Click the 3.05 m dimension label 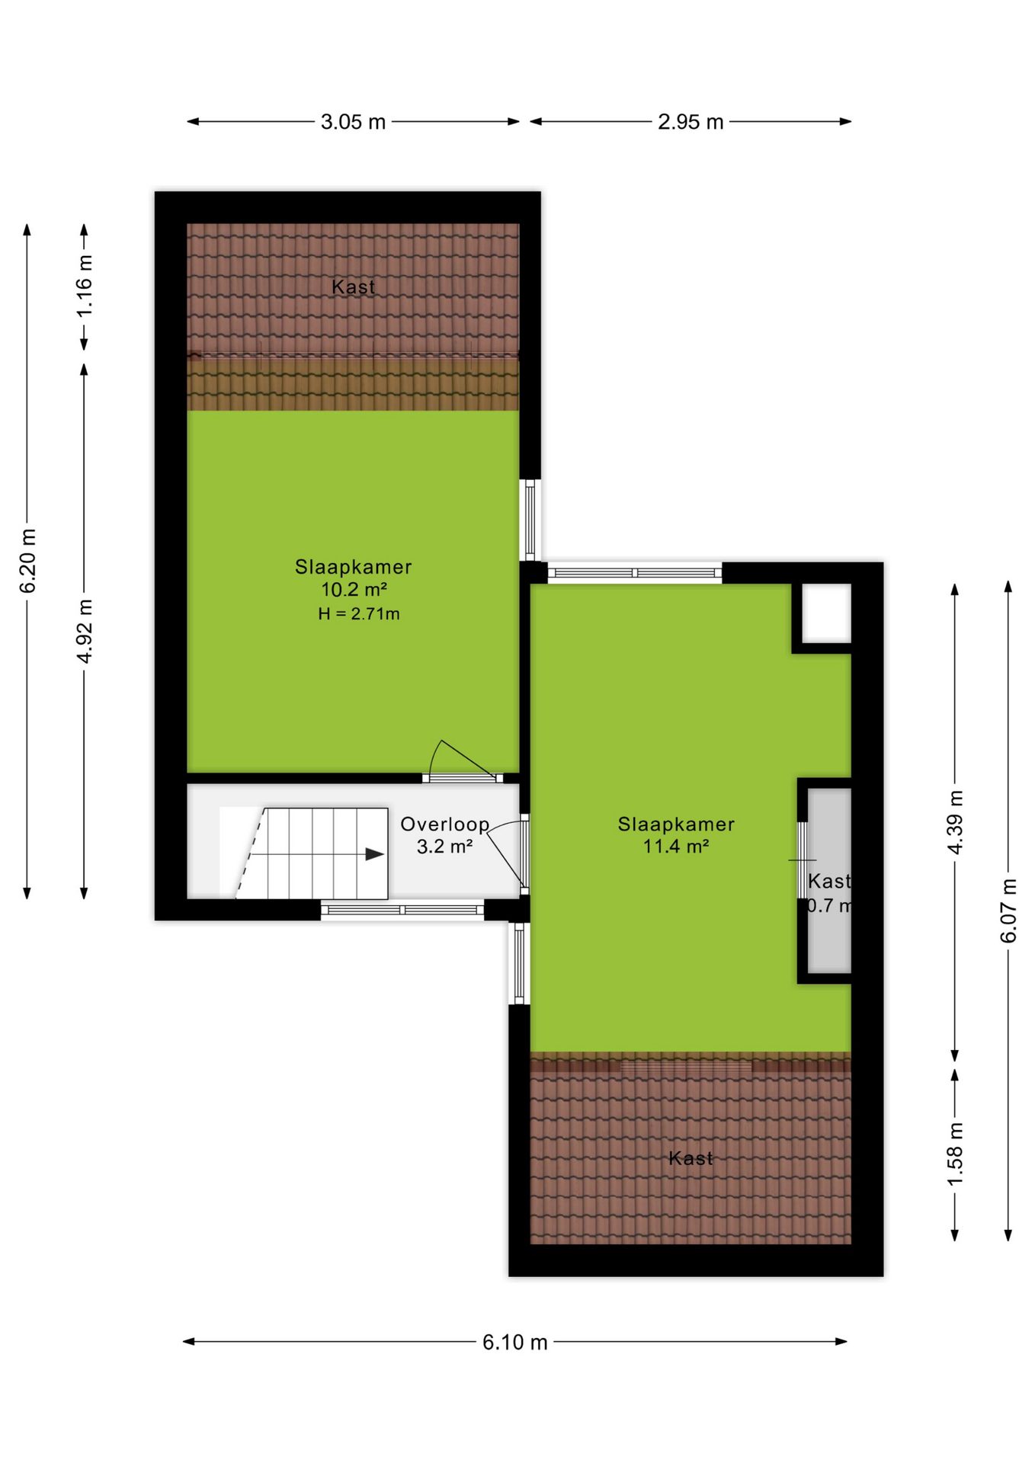(x=353, y=122)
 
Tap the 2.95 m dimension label (x=691, y=122)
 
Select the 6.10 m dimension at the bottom (x=515, y=1342)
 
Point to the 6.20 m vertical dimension (x=27, y=561)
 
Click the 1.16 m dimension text (x=85, y=286)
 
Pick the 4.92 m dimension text (x=85, y=631)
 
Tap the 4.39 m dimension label (x=955, y=822)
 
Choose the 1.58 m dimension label (x=955, y=1154)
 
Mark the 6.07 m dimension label (x=1008, y=911)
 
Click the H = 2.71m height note (x=359, y=613)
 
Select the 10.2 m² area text (x=354, y=589)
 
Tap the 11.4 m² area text (x=676, y=846)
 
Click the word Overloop (x=445, y=824)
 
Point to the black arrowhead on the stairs (x=375, y=854)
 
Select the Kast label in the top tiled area (x=354, y=287)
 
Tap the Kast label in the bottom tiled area (x=691, y=1158)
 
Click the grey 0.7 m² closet (x=829, y=881)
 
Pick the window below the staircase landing (x=402, y=910)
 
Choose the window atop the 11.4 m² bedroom (x=635, y=572)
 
